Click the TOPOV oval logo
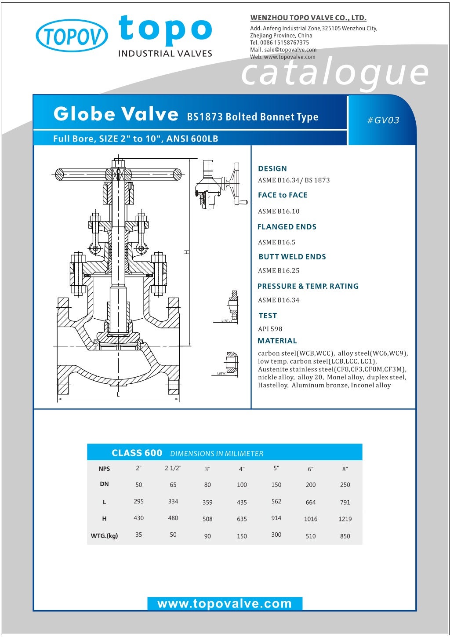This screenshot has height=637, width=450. [72, 36]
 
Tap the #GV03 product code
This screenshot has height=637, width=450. [383, 120]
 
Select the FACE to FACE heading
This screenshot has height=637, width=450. [283, 195]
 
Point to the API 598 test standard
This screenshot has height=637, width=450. [270, 329]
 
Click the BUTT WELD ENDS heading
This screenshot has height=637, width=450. [292, 257]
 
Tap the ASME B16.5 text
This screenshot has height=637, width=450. [277, 242]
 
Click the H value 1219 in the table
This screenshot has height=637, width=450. [345, 519]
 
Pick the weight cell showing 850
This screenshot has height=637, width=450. [345, 536]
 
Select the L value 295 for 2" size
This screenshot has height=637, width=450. [138, 501]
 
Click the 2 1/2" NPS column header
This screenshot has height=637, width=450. [173, 468]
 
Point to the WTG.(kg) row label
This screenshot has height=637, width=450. [104, 536]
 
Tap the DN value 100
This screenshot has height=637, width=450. [242, 485]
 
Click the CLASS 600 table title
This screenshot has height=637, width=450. [137, 453]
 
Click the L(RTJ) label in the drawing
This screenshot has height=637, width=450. [226, 321]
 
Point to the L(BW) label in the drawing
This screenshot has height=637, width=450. [222, 374]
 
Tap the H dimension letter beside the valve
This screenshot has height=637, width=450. [186, 252]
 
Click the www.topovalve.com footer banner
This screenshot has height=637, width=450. [225, 604]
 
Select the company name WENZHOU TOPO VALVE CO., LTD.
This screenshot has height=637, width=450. [308, 18]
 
